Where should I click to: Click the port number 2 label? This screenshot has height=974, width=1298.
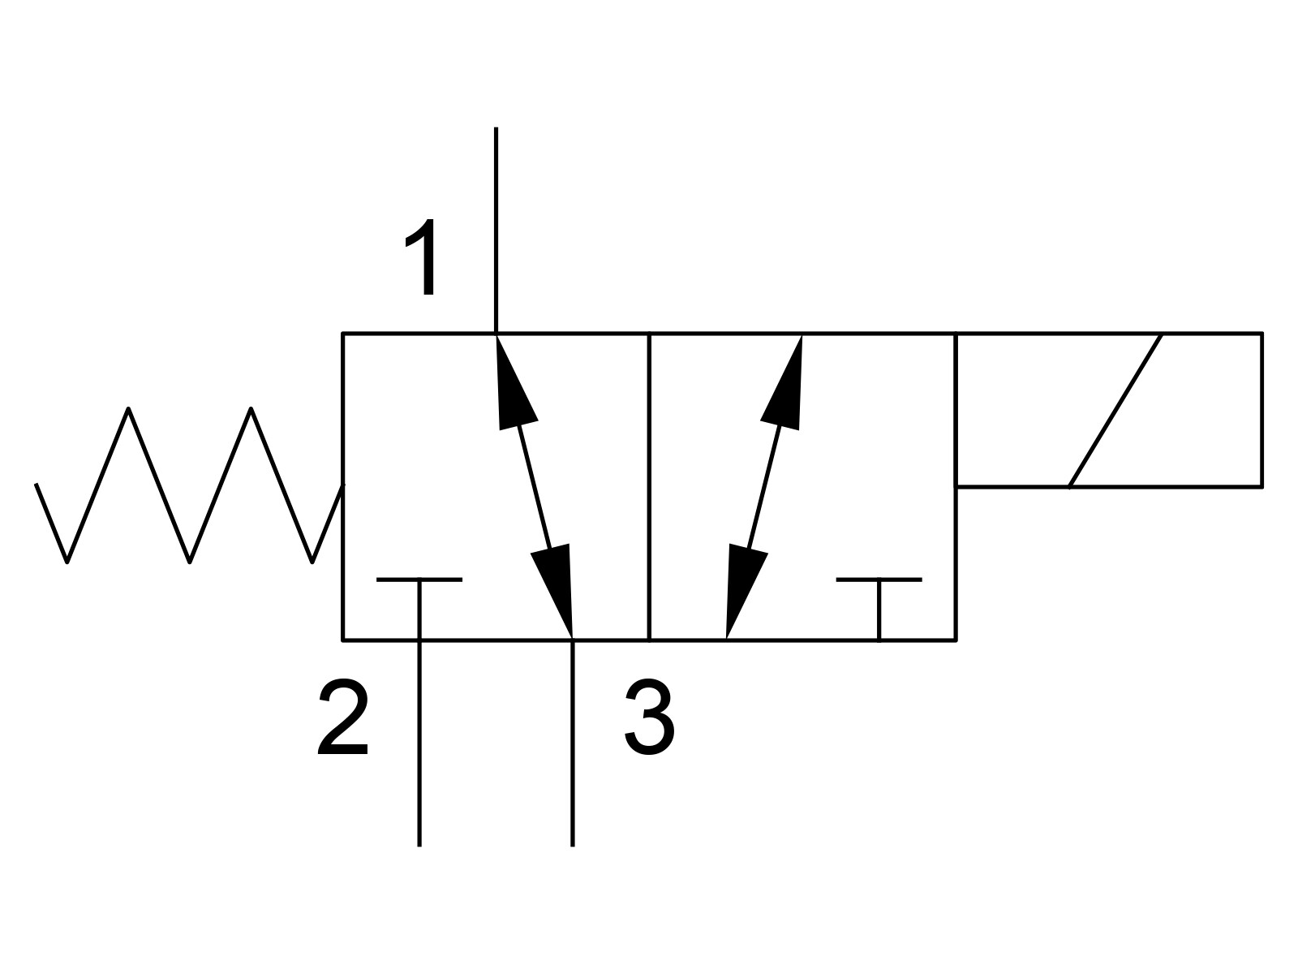tap(343, 716)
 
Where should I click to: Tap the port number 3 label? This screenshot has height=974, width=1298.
tap(649, 716)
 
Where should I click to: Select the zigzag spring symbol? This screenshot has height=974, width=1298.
tap(189, 485)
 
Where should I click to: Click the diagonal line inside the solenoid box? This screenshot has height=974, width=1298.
tap(1115, 411)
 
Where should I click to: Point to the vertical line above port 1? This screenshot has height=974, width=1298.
tap(496, 230)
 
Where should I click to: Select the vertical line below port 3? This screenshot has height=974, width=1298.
tap(573, 743)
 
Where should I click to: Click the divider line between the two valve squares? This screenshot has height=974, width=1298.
tap(649, 487)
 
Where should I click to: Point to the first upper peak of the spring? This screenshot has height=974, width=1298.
tap(128, 408)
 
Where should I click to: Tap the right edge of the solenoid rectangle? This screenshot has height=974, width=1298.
tap(1262, 410)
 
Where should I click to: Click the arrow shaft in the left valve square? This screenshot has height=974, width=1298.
tap(534, 487)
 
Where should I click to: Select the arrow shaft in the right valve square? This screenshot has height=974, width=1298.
tap(763, 487)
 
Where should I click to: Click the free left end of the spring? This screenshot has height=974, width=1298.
tap(36, 485)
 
